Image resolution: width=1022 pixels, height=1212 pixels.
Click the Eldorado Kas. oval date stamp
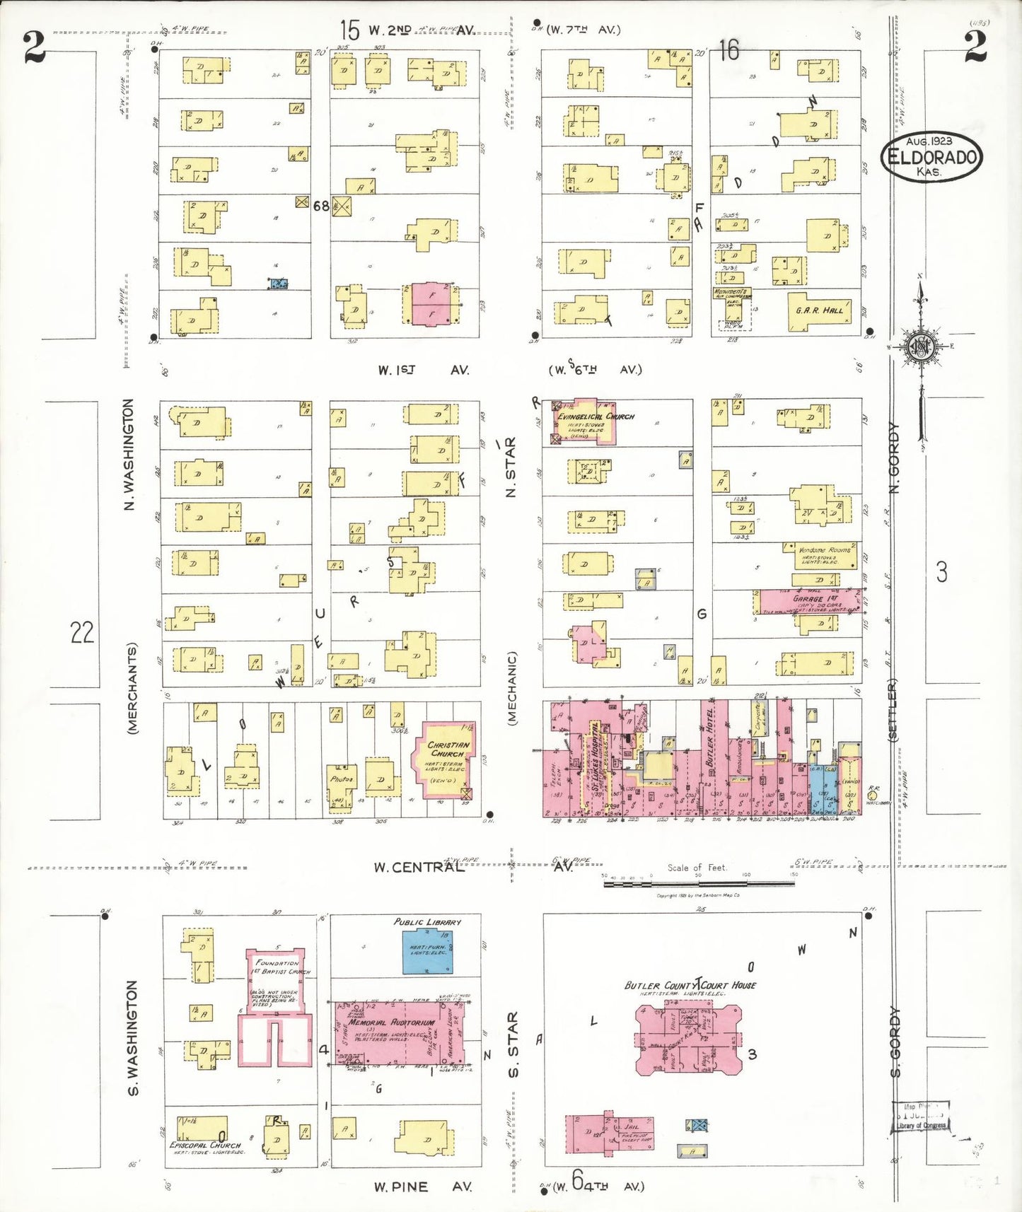click(931, 157)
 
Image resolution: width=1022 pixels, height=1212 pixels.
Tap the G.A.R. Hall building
click(819, 312)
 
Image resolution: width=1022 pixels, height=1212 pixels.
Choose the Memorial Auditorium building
click(400, 1033)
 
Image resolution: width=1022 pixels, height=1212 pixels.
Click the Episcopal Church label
click(205, 1145)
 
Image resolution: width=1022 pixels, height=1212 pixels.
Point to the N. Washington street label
click(128, 455)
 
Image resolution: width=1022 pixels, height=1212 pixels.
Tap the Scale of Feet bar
click(699, 883)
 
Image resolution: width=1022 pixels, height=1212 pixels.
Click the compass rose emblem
click(921, 346)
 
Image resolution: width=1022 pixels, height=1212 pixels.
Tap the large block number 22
click(82, 631)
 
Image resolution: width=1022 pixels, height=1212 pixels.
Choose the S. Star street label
click(513, 1044)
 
